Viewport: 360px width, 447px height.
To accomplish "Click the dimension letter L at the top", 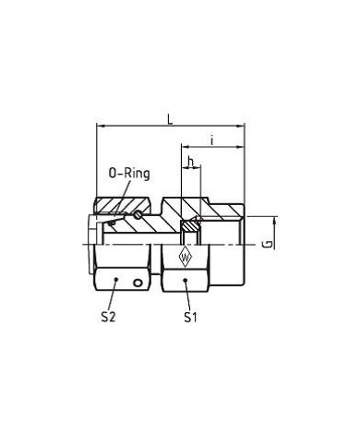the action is point(170,119).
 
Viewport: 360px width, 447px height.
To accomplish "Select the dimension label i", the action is point(212,140).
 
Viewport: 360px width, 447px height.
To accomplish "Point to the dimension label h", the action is point(191,162).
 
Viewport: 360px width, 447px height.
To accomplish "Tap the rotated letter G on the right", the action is point(269,244).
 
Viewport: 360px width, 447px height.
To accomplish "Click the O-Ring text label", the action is point(129,174).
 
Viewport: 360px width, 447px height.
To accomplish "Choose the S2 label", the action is point(108,317).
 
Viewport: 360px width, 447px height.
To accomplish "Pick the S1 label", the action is point(190,317).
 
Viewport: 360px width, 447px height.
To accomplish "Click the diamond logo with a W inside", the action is point(186,257).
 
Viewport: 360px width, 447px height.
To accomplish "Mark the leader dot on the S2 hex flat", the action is point(116,279).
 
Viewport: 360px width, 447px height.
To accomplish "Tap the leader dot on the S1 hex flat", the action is point(186,280).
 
